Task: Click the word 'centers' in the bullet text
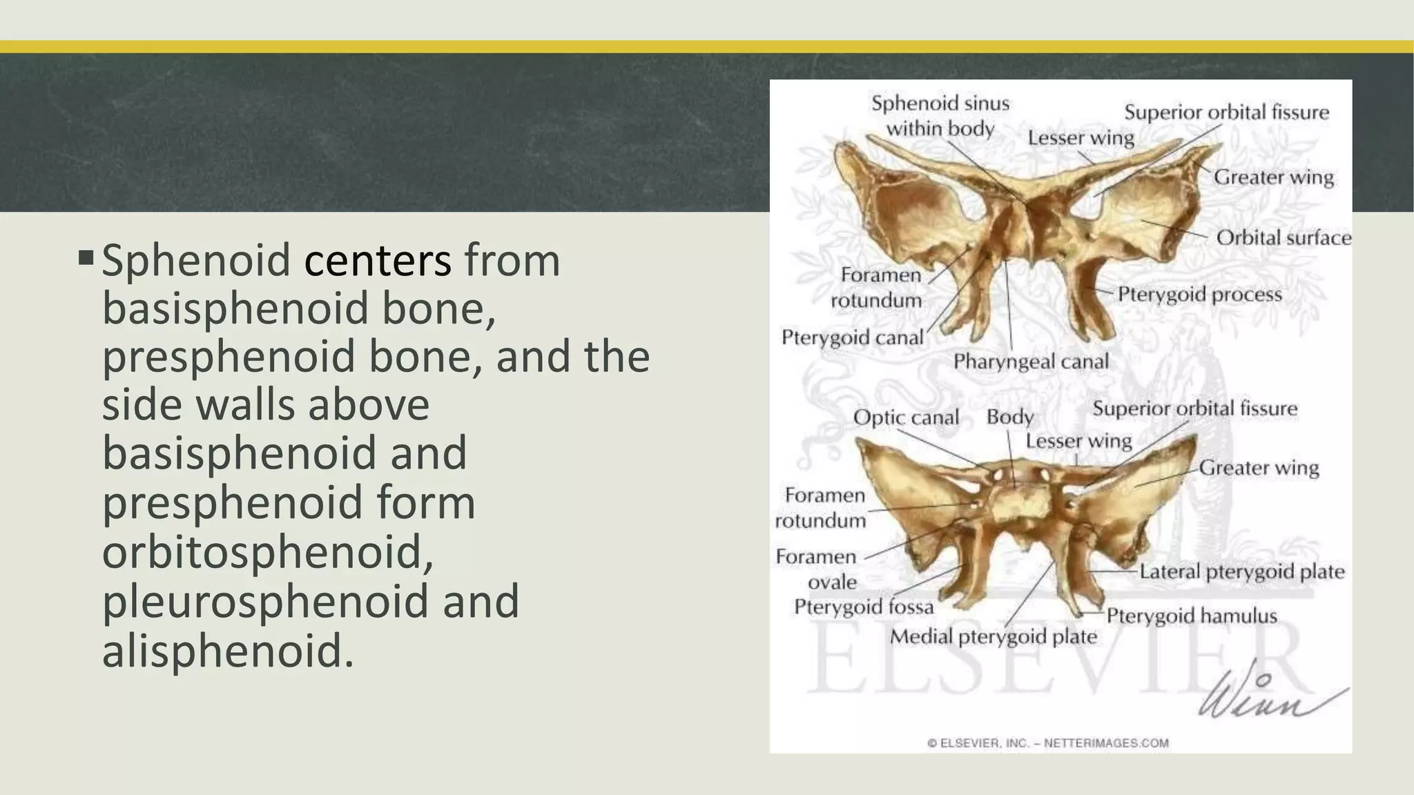pos(378,261)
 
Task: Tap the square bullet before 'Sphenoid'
pos(86,259)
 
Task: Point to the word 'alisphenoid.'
pos(228,650)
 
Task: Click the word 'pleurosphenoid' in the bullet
pos(263,601)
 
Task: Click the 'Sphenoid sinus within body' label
pos(940,116)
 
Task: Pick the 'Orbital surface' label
pos(1284,238)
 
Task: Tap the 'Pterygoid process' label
pos(1199,295)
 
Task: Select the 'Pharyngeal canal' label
pos(1031,362)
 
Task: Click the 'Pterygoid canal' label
pos(852,337)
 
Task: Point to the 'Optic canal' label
pos(906,418)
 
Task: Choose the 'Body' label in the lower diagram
pos(1009,417)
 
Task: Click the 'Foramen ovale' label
pos(817,569)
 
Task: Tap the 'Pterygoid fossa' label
pos(864,607)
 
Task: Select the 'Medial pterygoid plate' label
pos(993,636)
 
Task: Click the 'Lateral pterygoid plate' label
pos(1241,571)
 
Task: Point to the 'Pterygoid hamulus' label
pos(1192,616)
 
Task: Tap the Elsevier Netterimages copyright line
pos(1047,743)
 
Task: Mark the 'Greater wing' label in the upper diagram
pos(1274,177)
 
